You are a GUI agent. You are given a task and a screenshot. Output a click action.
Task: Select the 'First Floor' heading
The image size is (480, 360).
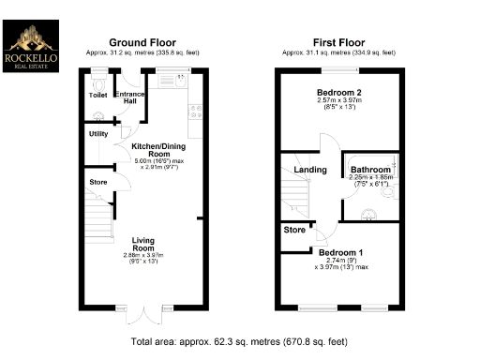click(x=339, y=42)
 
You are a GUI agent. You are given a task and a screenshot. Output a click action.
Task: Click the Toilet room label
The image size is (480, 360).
click(x=98, y=95)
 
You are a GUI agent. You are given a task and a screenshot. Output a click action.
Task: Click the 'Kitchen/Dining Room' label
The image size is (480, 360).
click(x=157, y=151)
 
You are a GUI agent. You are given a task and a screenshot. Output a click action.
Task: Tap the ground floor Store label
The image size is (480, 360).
click(x=97, y=181)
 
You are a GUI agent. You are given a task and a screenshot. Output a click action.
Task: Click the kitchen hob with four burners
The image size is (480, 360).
click(x=195, y=113)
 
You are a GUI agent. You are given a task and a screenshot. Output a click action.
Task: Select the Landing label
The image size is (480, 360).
click(x=310, y=170)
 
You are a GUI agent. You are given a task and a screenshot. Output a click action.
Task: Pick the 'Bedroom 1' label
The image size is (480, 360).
click(x=339, y=253)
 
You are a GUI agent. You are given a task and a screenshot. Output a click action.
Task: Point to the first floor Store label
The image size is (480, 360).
click(x=295, y=229)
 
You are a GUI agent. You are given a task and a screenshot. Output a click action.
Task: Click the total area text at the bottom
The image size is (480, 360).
click(x=239, y=341)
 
